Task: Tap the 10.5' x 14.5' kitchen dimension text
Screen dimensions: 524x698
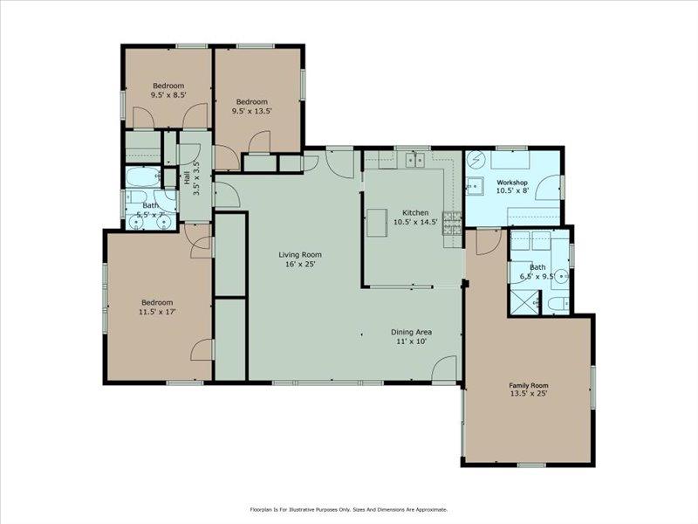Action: point(414,222)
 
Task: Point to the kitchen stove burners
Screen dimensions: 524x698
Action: point(453,224)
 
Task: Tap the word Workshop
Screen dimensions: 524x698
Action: point(513,183)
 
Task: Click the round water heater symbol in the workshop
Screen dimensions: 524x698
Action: point(476,161)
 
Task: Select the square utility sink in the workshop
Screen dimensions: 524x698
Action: point(476,184)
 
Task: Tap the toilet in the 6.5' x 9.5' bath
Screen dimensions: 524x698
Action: point(558,303)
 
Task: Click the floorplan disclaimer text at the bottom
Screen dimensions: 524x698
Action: point(349,509)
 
